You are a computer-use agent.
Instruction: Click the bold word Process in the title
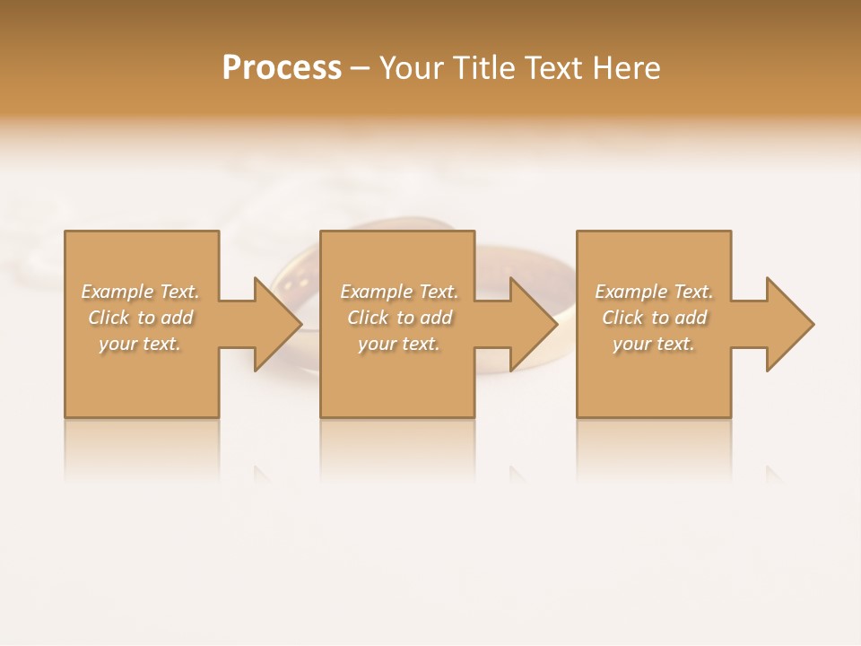(282, 68)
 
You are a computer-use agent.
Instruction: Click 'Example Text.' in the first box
(140, 292)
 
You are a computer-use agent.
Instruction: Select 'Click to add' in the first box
(140, 318)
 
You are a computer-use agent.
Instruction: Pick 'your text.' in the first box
(140, 344)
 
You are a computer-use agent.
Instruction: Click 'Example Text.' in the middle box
(399, 292)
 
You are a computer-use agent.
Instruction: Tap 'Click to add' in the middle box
(399, 318)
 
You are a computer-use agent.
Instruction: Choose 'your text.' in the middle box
(399, 344)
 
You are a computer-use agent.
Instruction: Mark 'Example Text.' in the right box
(654, 292)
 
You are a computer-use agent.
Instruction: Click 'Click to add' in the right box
(654, 318)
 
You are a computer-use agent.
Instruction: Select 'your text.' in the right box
(654, 344)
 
